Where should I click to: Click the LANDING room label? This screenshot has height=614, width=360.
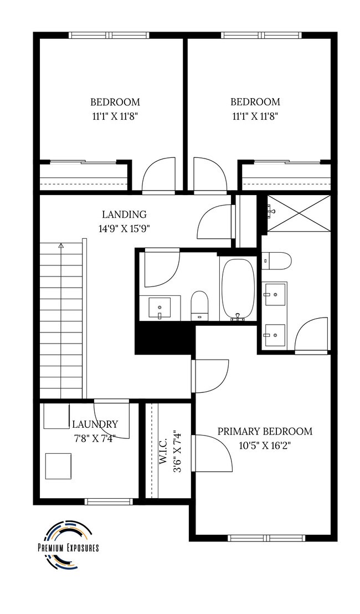[124, 214]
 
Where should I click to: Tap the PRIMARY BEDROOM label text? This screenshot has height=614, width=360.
[264, 431]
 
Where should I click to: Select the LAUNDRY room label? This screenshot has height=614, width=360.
[95, 424]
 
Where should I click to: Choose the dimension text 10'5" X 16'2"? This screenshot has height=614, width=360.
[264, 444]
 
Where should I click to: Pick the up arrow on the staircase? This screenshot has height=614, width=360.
[61, 244]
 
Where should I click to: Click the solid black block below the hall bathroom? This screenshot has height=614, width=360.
[164, 338]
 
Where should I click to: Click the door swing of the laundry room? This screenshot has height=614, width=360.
[111, 418]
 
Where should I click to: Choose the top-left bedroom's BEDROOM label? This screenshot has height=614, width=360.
[115, 102]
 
